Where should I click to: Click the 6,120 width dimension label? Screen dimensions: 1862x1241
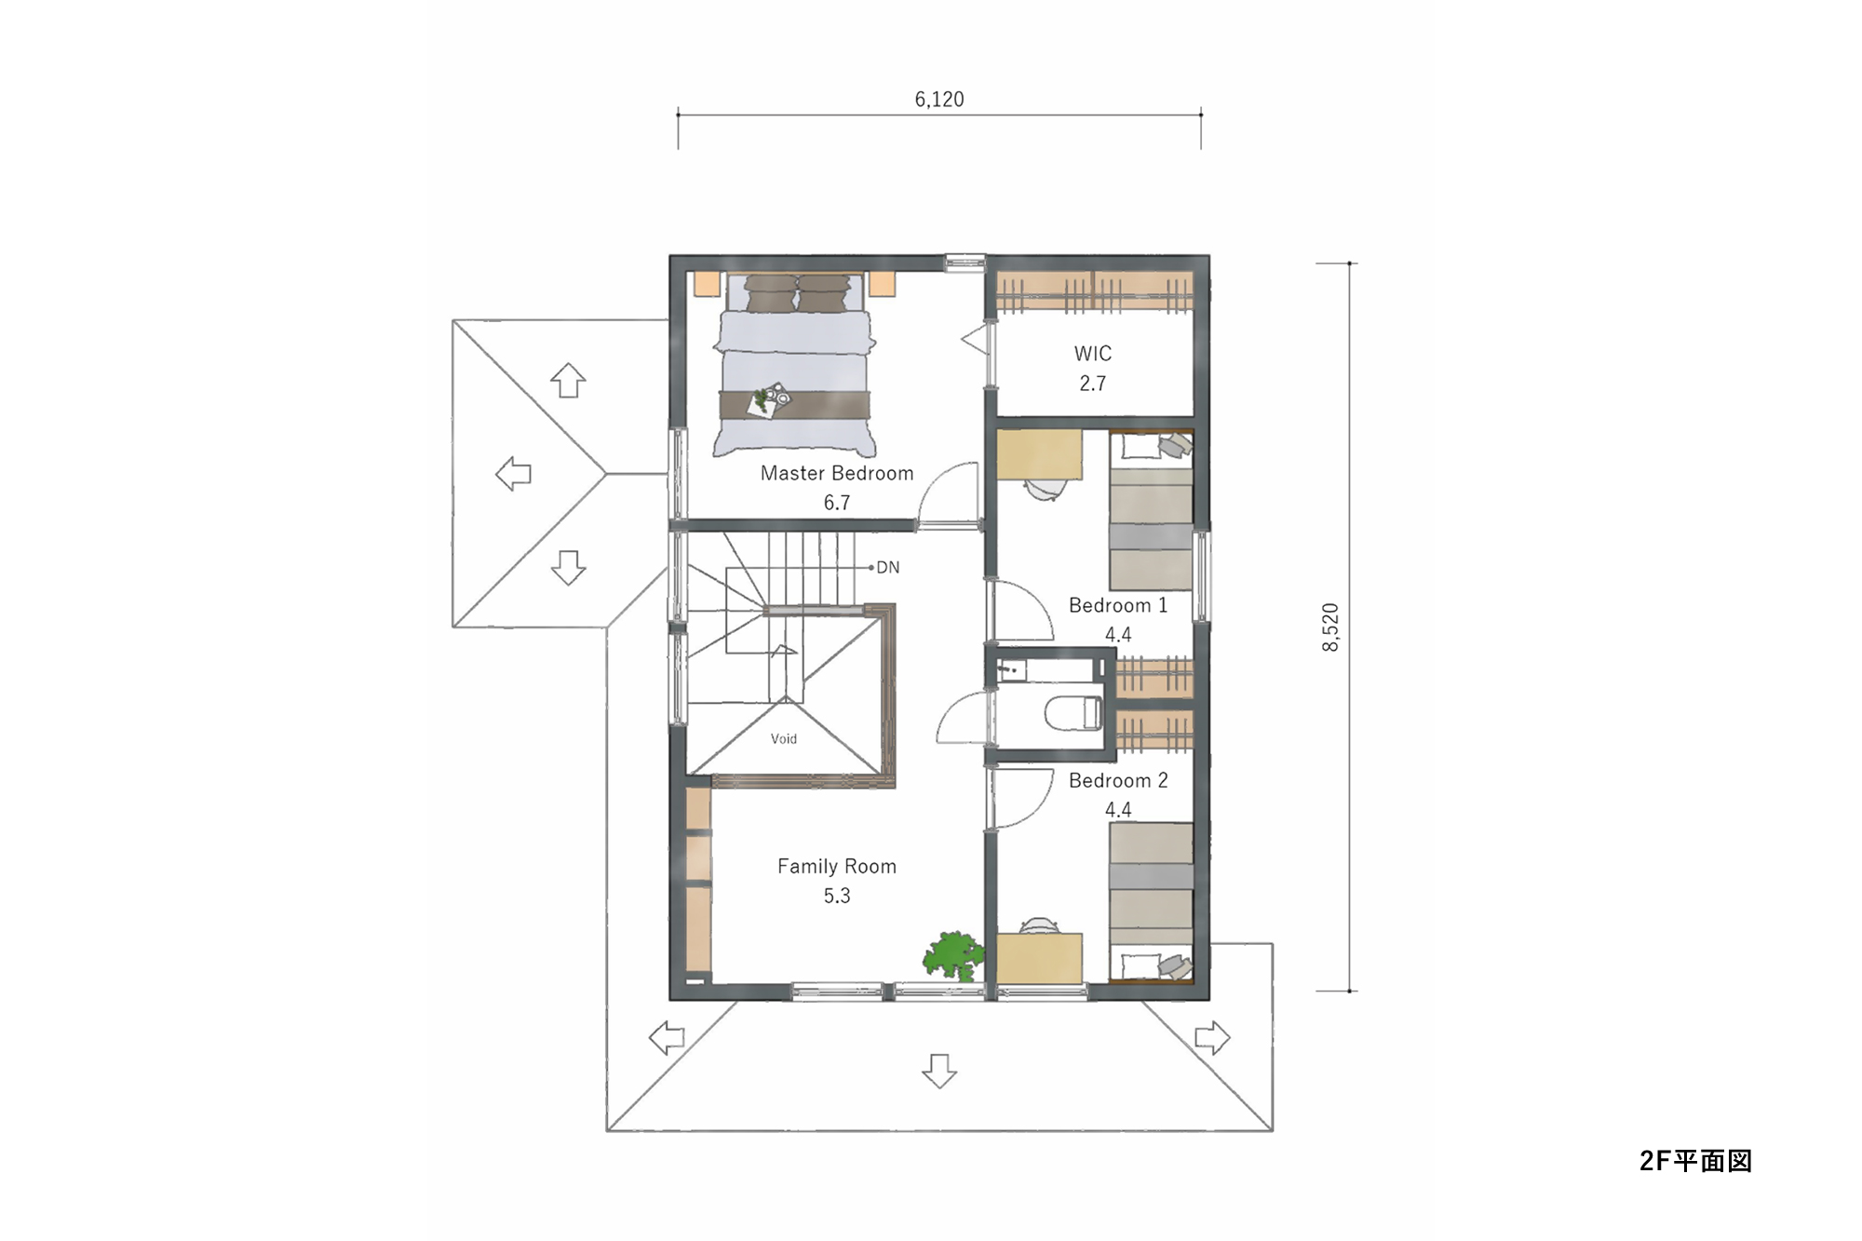(939, 100)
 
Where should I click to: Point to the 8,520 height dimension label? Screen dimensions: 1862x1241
(1330, 627)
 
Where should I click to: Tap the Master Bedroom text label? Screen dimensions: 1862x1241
(837, 473)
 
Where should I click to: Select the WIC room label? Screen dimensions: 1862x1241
(1093, 354)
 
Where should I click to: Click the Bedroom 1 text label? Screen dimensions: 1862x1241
(1118, 605)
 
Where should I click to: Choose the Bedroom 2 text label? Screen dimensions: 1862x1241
(1118, 780)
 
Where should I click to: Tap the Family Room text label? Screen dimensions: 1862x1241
(837, 867)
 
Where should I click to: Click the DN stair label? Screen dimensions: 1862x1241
(888, 567)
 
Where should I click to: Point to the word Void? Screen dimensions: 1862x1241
(784, 739)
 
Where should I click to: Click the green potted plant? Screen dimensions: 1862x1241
(952, 955)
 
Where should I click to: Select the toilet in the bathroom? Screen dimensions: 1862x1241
(1073, 714)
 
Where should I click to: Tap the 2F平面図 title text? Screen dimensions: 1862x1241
(1696, 1161)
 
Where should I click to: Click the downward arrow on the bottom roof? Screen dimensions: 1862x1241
(939, 1071)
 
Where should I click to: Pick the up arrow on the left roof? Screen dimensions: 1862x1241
(568, 380)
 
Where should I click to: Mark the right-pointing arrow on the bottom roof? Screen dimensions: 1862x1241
(1212, 1037)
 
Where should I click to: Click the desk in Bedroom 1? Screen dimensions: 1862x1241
(1040, 454)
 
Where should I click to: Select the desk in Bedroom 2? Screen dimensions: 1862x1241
(1040, 958)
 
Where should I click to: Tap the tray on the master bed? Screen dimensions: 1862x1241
(769, 401)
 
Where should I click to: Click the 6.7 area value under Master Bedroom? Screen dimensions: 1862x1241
(837, 503)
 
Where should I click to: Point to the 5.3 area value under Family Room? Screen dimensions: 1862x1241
(837, 896)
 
